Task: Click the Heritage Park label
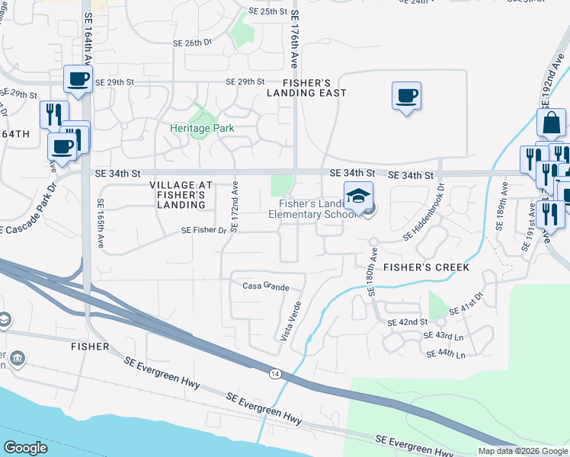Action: click(x=201, y=129)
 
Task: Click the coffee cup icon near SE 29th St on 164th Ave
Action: click(x=78, y=78)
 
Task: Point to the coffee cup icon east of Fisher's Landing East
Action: click(x=406, y=96)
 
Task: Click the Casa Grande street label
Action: click(x=266, y=287)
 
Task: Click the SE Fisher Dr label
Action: click(x=203, y=230)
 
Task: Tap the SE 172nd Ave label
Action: click(x=235, y=207)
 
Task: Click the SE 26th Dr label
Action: click(x=192, y=43)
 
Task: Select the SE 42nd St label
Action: click(x=408, y=322)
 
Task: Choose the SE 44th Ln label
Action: click(x=447, y=353)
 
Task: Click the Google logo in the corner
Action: click(x=25, y=448)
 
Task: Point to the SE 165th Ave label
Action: click(x=101, y=223)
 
